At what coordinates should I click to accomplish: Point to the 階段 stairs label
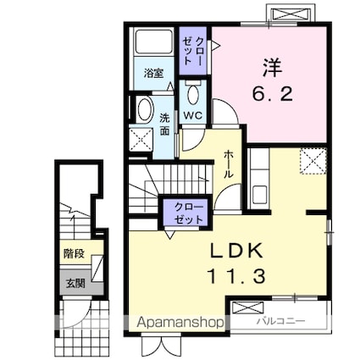[x=73, y=252]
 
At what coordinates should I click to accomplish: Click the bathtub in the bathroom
[x=153, y=47]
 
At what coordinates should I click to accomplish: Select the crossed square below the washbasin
[x=142, y=139]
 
